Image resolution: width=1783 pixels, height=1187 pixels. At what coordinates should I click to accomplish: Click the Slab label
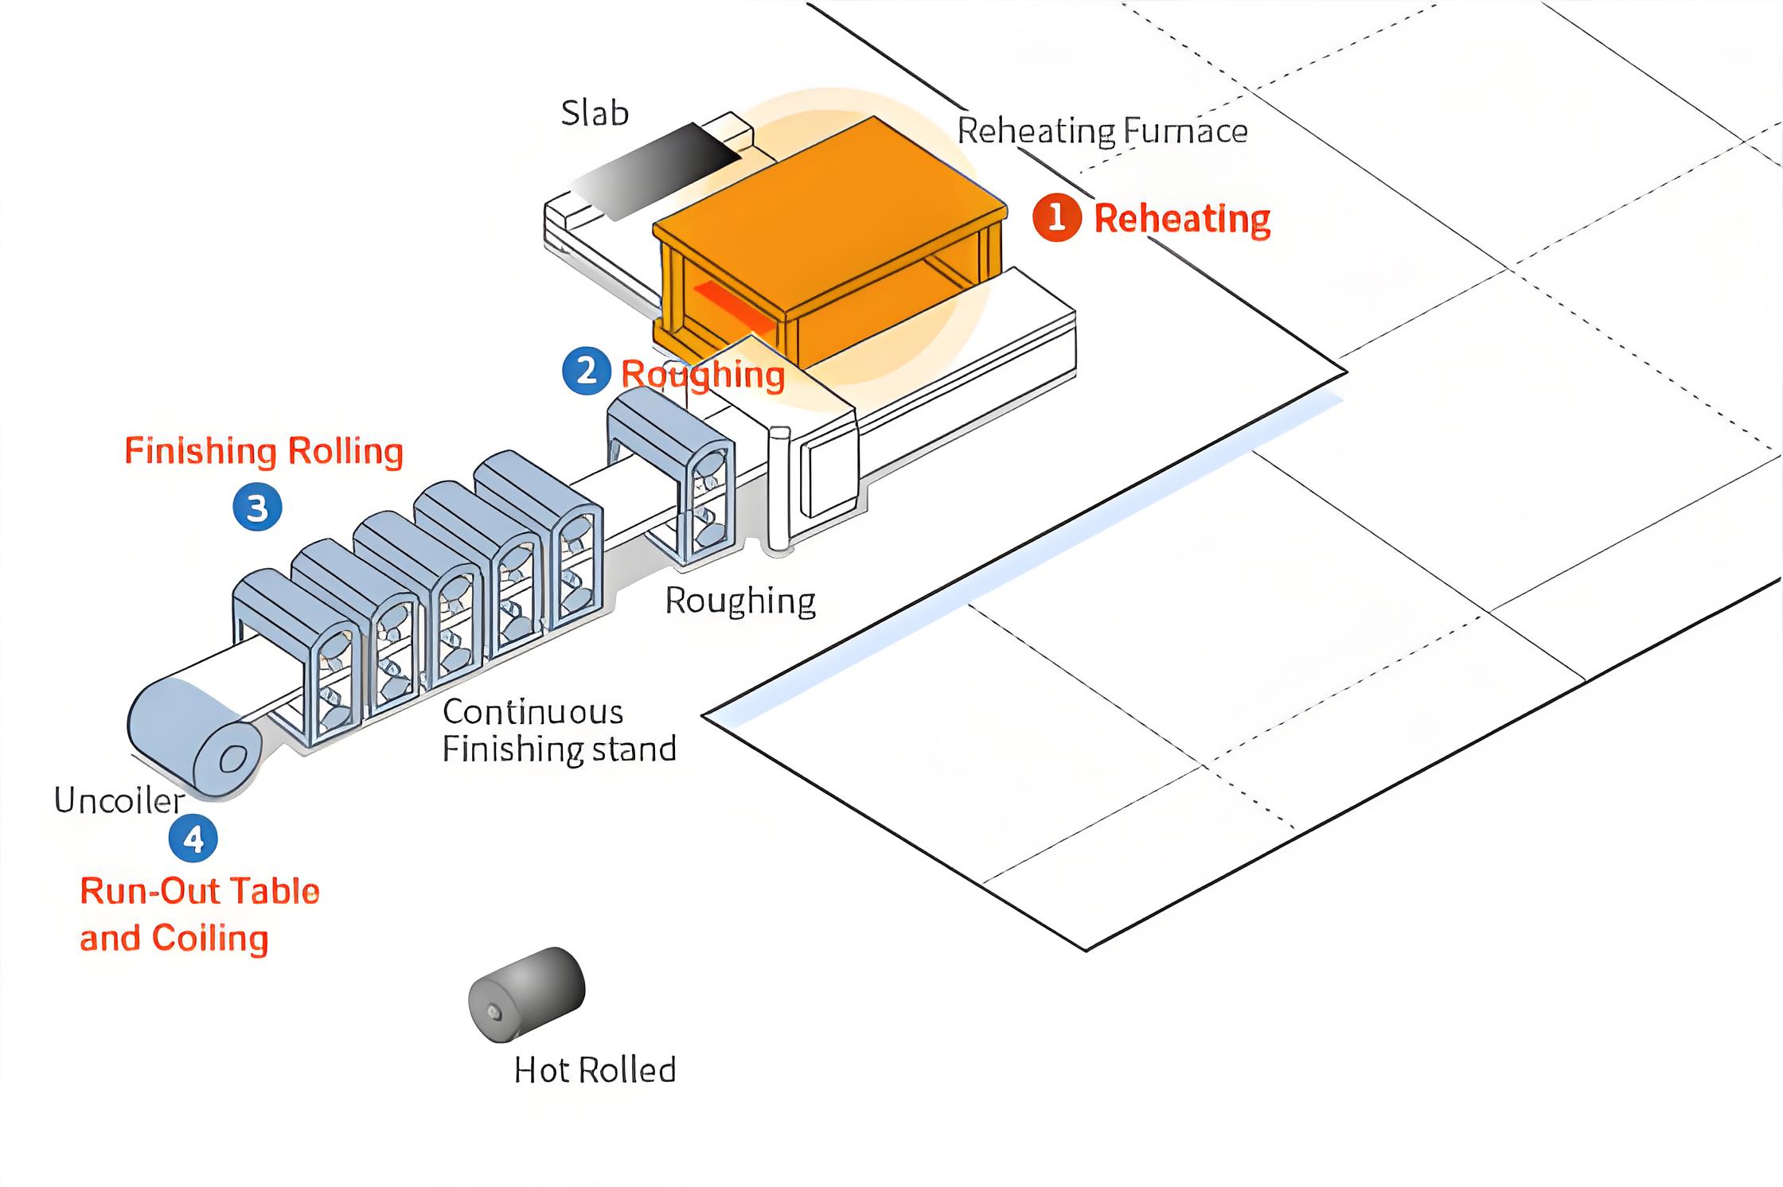(595, 113)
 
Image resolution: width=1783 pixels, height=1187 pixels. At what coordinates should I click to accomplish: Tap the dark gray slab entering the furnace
(661, 171)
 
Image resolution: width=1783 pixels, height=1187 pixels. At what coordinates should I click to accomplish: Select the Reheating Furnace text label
(1102, 131)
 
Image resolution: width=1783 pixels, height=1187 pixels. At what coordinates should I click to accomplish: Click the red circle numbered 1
(1056, 217)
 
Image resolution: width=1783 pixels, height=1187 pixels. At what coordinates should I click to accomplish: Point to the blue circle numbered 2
(586, 371)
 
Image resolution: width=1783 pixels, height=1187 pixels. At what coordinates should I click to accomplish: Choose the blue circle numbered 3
(257, 508)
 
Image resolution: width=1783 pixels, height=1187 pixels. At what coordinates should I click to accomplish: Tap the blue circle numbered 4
(193, 839)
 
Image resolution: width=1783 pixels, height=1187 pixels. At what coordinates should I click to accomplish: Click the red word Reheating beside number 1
(1182, 219)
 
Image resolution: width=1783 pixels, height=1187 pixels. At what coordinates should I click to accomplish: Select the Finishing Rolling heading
(263, 451)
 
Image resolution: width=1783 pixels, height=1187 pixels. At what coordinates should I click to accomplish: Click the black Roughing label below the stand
(740, 601)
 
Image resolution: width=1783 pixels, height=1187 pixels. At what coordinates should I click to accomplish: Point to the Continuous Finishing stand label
(559, 730)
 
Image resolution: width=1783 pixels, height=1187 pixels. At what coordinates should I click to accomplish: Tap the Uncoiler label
(119, 800)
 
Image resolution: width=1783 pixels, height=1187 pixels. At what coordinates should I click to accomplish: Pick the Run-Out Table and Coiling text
(199, 914)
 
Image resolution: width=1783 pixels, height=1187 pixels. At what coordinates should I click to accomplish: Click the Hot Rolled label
(595, 1070)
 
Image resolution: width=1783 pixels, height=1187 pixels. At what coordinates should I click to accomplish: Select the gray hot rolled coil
(526, 994)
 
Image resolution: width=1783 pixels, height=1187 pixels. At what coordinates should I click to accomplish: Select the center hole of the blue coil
(232, 759)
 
